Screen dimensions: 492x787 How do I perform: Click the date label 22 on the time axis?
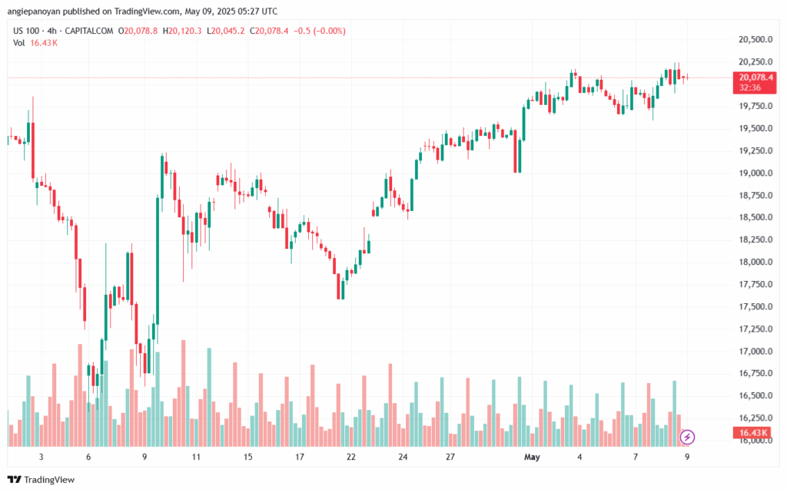pos(351,457)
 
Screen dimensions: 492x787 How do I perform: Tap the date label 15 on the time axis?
pos(248,457)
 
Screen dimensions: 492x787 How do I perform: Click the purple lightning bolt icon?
pos(688,438)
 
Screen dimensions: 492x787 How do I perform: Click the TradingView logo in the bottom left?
pos(42,480)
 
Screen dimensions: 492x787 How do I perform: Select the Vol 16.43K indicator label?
pos(35,43)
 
